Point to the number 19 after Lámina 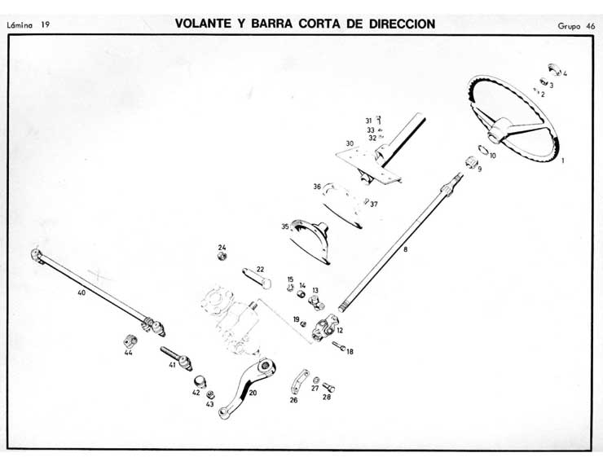[45, 25]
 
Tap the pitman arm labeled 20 [244, 389]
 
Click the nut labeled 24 [222, 257]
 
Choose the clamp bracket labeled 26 [299, 382]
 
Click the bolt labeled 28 [330, 387]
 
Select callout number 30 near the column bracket [349, 143]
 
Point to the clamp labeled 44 [131, 340]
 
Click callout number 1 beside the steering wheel [562, 160]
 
